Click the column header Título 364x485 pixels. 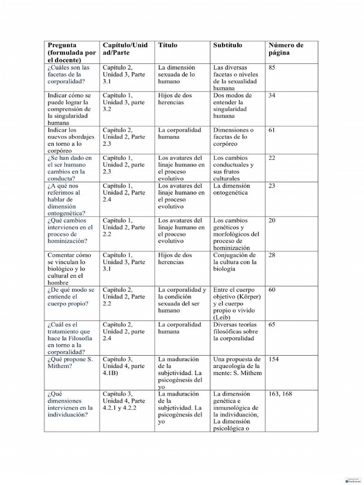point(168,45)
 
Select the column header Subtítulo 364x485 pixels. point(227,45)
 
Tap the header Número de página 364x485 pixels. point(286,49)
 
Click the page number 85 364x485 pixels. point(272,68)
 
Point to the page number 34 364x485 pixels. point(272,96)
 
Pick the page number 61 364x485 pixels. point(272,130)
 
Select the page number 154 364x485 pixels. point(273,359)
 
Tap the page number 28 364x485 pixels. point(272,255)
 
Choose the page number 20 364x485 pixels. point(272,221)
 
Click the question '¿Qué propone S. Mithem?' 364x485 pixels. point(70,363)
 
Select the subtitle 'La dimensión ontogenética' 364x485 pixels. point(232,189)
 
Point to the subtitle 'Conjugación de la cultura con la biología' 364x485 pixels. point(235,262)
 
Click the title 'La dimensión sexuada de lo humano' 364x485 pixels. point(176,74)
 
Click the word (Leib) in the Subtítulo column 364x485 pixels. point(222,317)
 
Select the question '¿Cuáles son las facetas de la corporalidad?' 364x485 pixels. point(68,74)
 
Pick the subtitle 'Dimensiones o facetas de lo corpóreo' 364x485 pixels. point(233,137)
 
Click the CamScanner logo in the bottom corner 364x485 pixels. point(352,480)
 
